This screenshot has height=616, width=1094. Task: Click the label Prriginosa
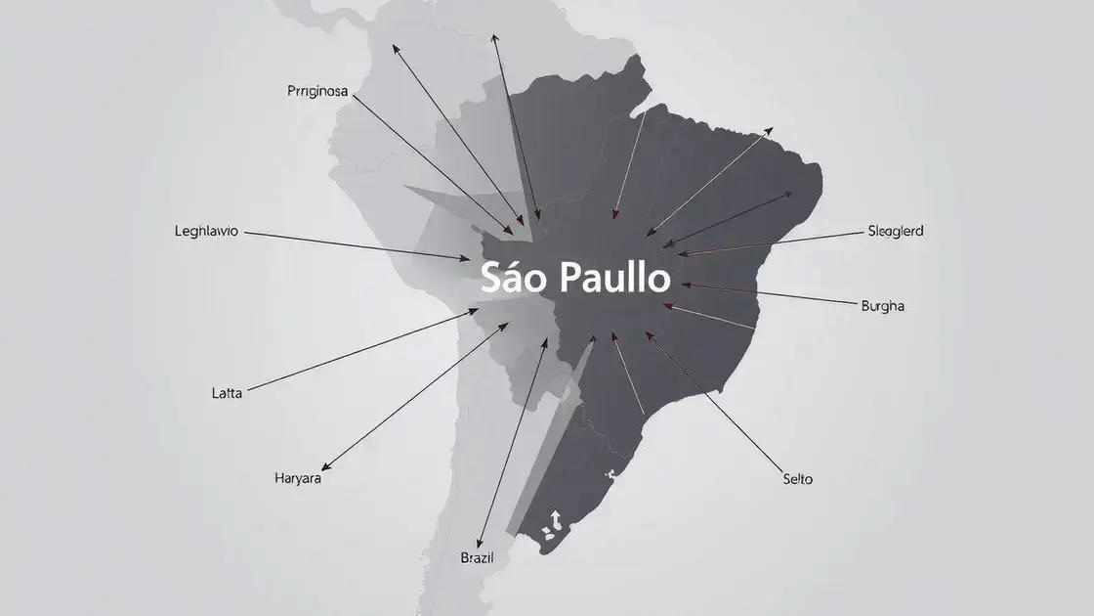click(x=318, y=92)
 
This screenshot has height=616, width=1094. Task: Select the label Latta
click(x=227, y=393)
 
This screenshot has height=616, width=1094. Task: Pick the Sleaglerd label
click(x=895, y=232)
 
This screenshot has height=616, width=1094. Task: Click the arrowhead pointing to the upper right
click(x=770, y=129)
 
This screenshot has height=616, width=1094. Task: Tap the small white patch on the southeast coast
click(x=610, y=475)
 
